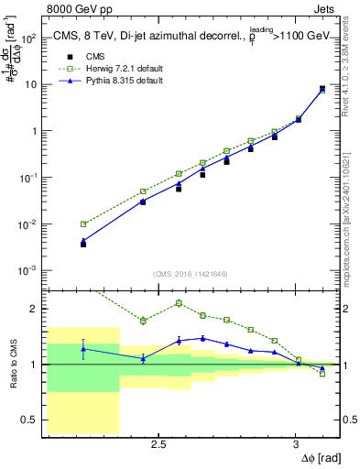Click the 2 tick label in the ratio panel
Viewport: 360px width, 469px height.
pos(35,309)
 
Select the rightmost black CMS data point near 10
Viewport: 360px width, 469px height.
pos(322,88)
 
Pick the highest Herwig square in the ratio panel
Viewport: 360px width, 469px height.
pos(179,302)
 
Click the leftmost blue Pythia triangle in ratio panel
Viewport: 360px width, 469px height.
pos(83,349)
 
